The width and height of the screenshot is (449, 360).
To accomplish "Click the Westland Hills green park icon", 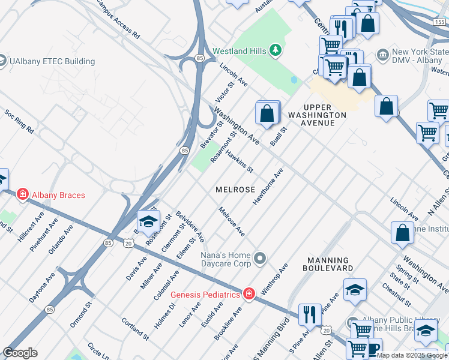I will coord(276,50).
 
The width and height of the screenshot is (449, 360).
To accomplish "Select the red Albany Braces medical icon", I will coord(22,194).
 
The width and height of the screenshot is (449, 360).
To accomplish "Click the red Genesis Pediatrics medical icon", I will coord(248,293).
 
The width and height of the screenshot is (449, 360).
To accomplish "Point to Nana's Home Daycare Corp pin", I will coord(259,259).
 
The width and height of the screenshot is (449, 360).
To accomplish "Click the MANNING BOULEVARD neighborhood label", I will coord(337,265).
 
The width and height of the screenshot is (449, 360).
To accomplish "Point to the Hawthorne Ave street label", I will coord(268,187).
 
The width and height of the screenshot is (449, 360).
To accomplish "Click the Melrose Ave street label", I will coord(232,221).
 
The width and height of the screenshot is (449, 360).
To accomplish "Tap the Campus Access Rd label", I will coord(117,24).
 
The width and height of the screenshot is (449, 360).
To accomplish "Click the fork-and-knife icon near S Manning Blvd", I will coord(310,314).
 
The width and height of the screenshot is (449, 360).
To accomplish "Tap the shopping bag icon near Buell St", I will coord(267,112).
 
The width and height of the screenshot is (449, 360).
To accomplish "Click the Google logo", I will coord(20,352).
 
